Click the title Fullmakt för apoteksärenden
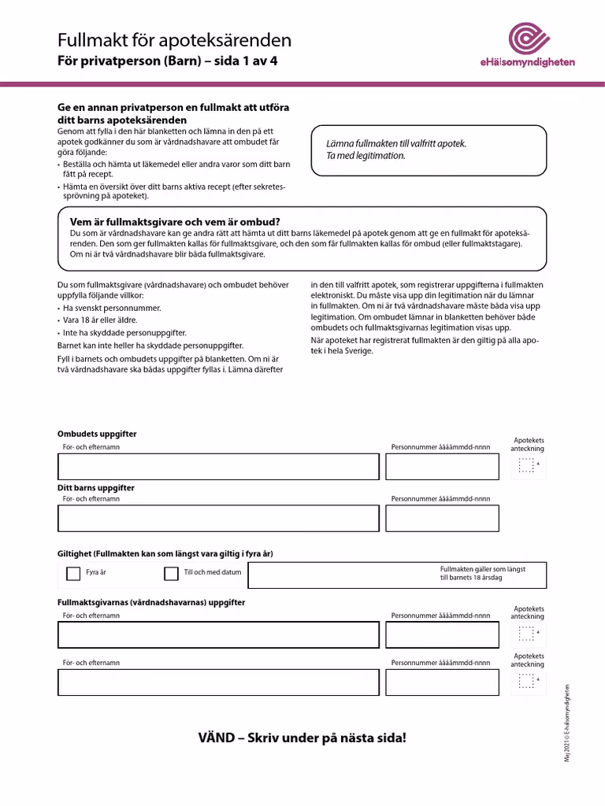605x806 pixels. [174, 40]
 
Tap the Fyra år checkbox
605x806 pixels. [73, 574]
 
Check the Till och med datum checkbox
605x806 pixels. [171, 574]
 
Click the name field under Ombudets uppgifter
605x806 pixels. [217, 467]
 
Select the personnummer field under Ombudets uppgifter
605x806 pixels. [442, 467]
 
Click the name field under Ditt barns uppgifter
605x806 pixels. [217, 519]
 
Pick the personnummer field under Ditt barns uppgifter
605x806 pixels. [442, 519]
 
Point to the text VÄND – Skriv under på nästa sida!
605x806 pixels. [302, 738]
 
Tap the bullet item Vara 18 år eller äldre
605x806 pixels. [100, 320]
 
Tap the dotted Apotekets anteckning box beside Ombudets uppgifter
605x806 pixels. [526, 467]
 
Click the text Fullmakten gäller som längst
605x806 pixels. [482, 568]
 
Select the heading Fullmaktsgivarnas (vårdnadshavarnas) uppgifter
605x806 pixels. [151, 602]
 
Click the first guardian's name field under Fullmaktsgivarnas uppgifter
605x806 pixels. [217, 634]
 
